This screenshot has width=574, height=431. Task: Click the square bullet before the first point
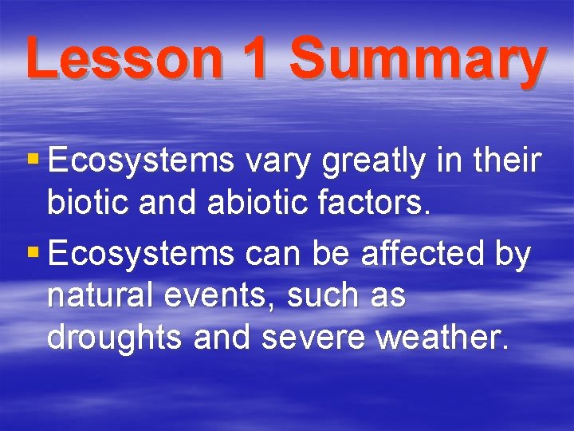33,160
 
